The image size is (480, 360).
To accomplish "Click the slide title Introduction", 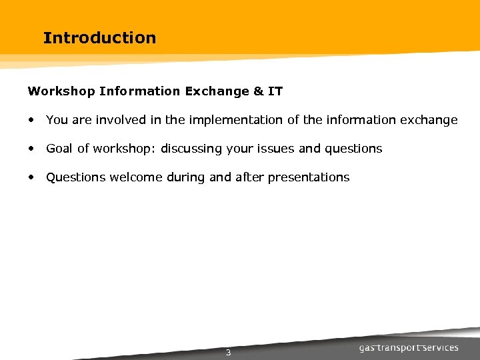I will (99, 38).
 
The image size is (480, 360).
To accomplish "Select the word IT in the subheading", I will (276, 91).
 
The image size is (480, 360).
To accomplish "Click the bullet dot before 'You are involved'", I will (31, 120).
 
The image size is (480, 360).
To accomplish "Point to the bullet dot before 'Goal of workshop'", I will (31, 149).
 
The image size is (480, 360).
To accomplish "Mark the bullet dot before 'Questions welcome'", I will (31, 177).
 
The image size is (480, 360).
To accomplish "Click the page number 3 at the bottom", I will (228, 353).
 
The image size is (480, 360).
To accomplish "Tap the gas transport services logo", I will (409, 348).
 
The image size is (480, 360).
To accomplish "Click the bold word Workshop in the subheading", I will (61, 91).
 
